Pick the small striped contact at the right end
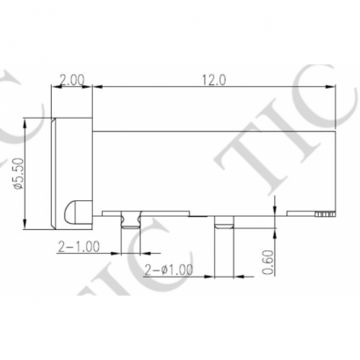click(x=325, y=213)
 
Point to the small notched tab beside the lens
click(x=133, y=219)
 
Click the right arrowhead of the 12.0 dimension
click(x=334, y=87)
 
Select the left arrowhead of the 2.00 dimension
click(x=55, y=87)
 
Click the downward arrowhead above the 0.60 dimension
click(x=277, y=208)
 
